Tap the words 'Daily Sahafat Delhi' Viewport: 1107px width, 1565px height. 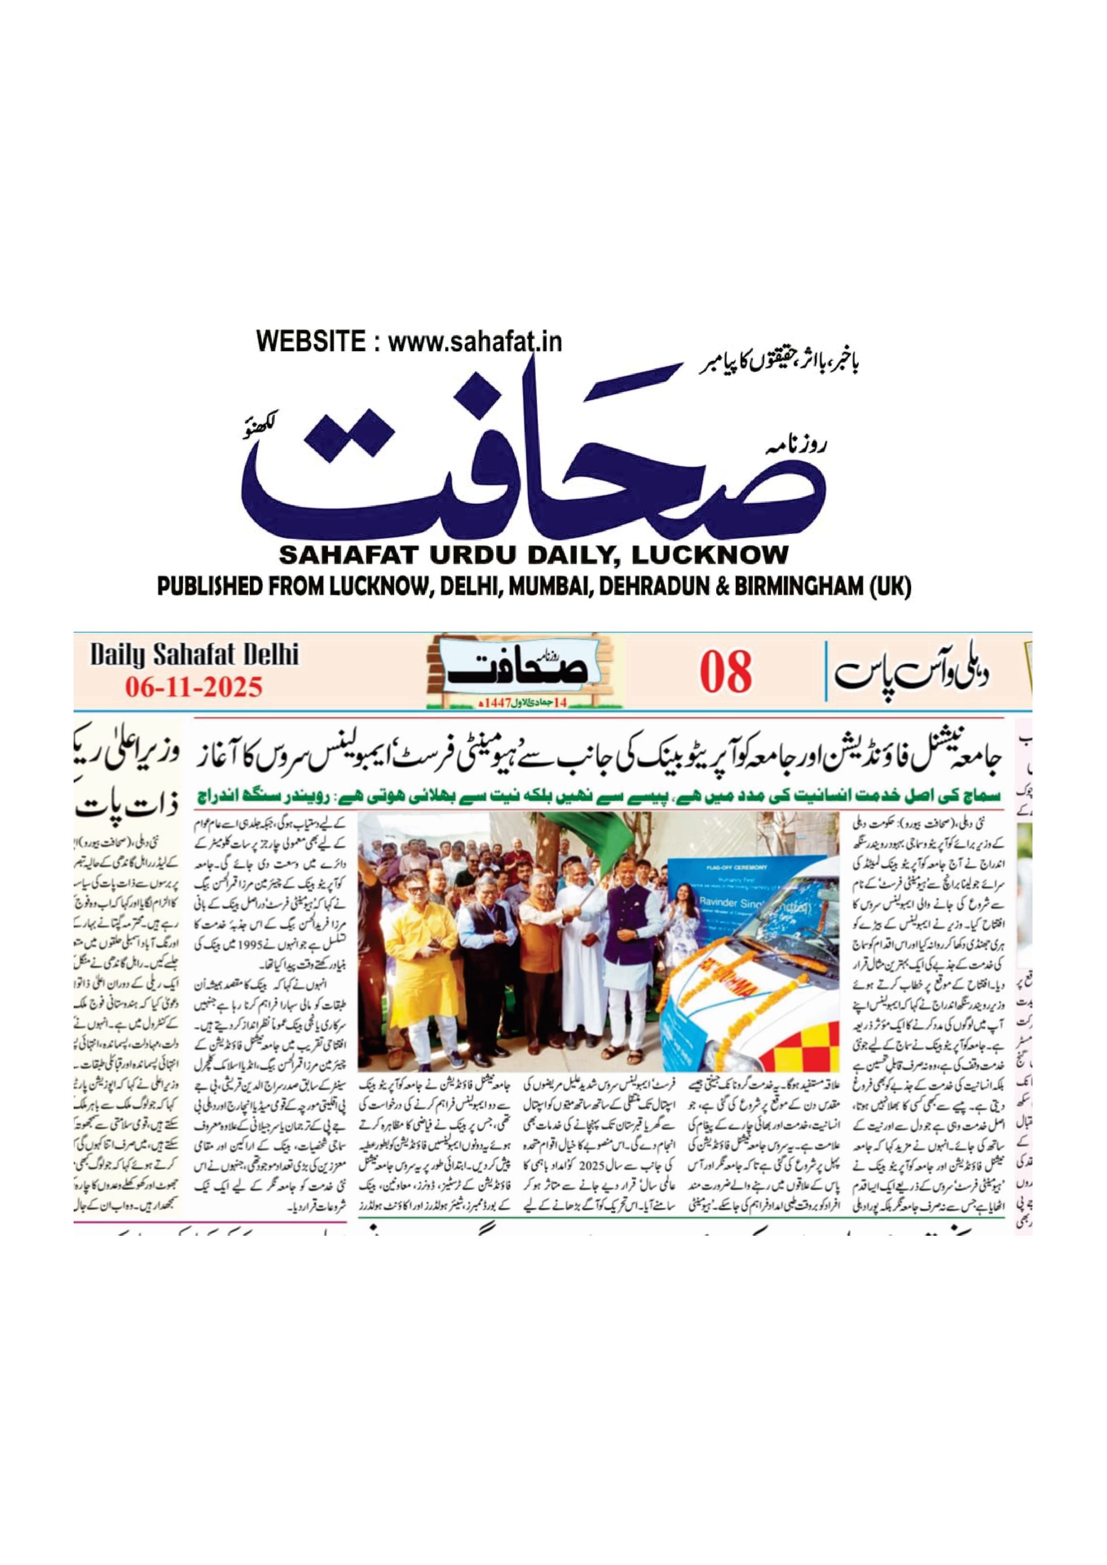click(x=194, y=656)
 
